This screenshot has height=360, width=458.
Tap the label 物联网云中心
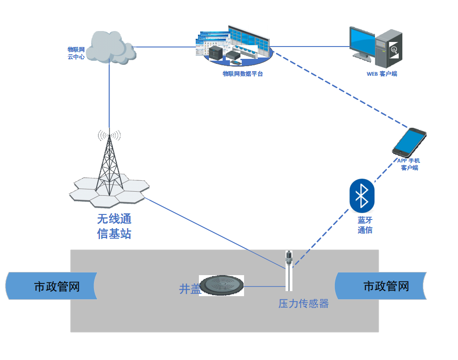tap(76, 53)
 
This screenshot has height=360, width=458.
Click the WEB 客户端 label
tap(382, 74)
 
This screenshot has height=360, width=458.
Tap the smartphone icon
tap(409, 141)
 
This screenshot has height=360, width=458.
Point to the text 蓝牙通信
tap(365, 225)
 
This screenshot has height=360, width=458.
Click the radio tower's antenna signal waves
tap(109, 135)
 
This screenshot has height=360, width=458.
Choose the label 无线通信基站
tap(114, 226)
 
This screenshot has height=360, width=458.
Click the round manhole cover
tap(221, 285)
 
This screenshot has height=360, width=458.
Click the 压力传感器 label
tap(303, 304)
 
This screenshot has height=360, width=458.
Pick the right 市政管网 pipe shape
tap(380, 286)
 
